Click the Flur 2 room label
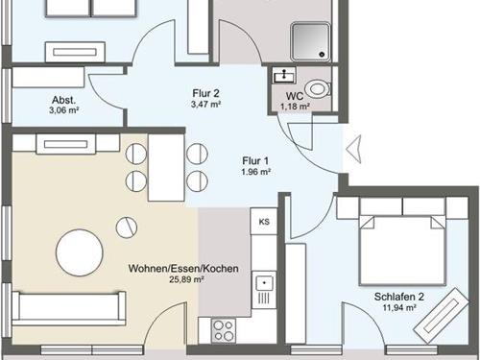[x=206, y=93]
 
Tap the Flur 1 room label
[x=255, y=160]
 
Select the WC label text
[x=295, y=96]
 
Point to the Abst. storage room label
[x=64, y=100]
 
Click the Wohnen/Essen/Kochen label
[x=183, y=268]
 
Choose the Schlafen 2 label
[x=399, y=297]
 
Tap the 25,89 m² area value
[x=186, y=279]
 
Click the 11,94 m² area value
[x=399, y=308]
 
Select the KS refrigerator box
[x=264, y=221]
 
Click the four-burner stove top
[x=224, y=330]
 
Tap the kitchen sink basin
[x=264, y=283]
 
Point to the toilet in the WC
[x=317, y=88]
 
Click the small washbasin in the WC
[x=283, y=76]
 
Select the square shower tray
[x=310, y=41]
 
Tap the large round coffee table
[x=80, y=252]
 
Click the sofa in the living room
[x=68, y=309]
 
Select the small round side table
[x=127, y=228]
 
